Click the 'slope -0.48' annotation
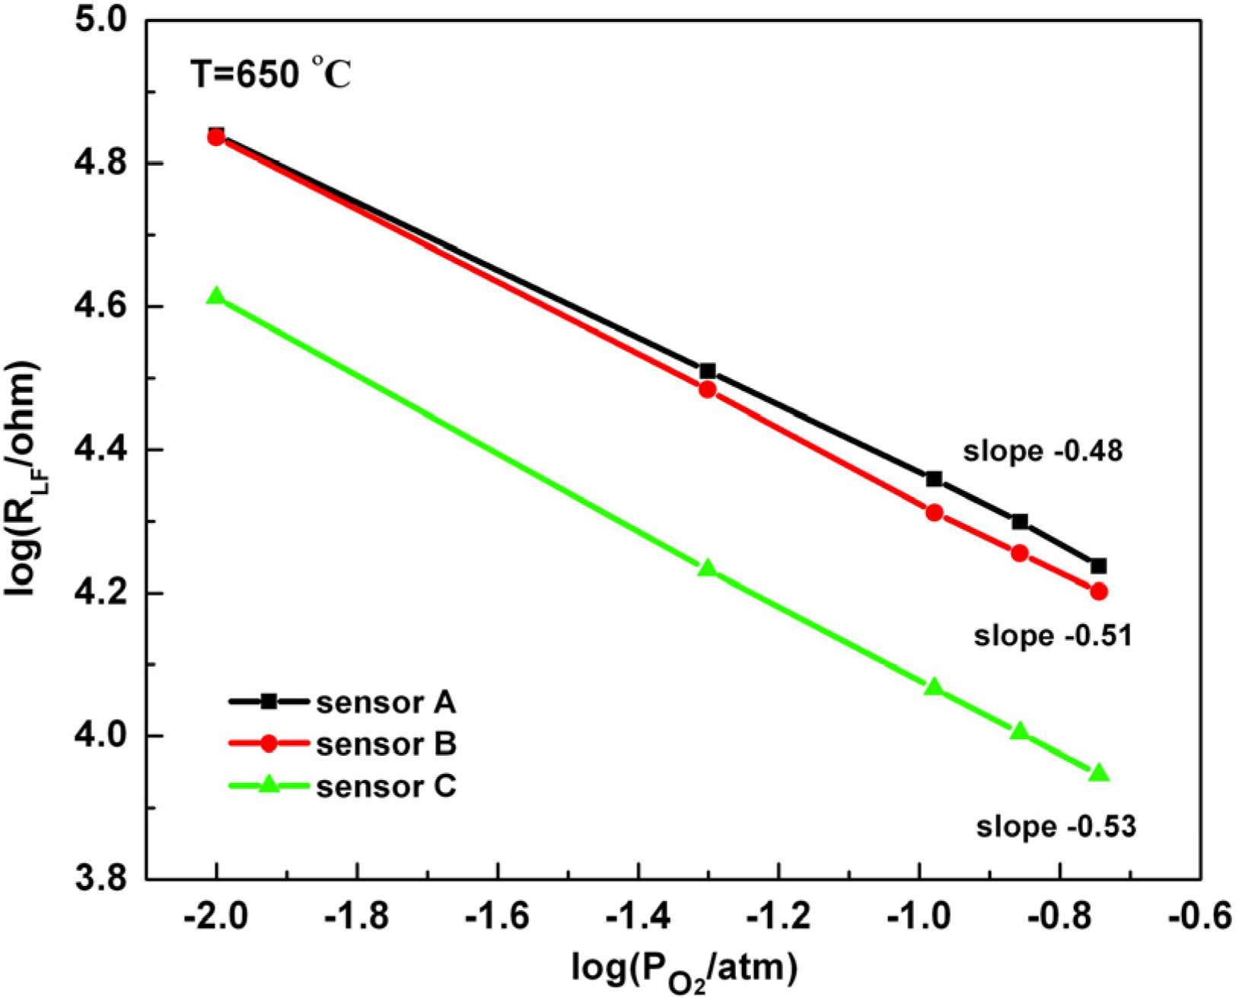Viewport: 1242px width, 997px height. (1043, 451)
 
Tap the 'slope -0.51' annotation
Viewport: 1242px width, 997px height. (1053, 635)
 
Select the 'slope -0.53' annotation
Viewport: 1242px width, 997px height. (1056, 827)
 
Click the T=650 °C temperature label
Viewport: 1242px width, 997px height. (270, 75)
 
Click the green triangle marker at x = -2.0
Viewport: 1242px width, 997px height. (217, 297)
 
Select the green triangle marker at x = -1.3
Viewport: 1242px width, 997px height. (708, 569)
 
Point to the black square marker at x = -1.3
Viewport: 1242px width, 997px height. (708, 371)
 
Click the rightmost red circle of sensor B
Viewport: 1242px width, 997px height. (1098, 591)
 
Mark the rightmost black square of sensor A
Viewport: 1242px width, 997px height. (1098, 566)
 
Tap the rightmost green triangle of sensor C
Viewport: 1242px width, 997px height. (1098, 774)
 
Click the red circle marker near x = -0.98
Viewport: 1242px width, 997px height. (935, 513)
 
